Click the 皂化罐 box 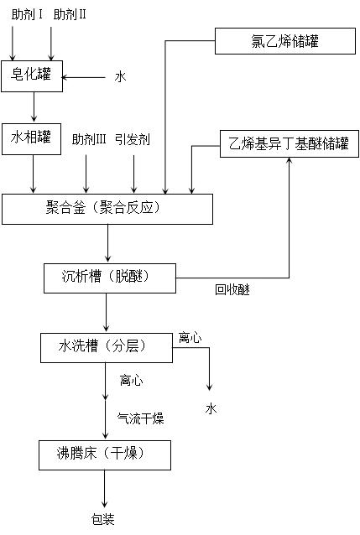[x=32, y=76]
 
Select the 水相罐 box [x=31, y=139]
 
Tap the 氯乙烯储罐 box [x=285, y=41]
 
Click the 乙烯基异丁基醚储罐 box [x=290, y=143]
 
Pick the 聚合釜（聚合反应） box [x=107, y=209]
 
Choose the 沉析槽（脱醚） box [x=110, y=278]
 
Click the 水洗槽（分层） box [x=107, y=348]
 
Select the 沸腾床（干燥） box [x=105, y=455]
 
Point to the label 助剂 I [x=27, y=14]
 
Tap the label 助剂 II [x=70, y=14]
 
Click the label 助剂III [x=89, y=139]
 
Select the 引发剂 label [x=133, y=139]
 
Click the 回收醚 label [x=232, y=289]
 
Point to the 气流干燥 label [x=140, y=418]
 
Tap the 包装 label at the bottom [x=103, y=519]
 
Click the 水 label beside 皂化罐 [x=120, y=77]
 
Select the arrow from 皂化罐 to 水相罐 [x=34, y=106]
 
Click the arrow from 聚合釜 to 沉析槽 [x=108, y=243]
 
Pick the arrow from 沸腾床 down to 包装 [x=105, y=489]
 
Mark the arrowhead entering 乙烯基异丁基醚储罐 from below [x=290, y=161]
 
